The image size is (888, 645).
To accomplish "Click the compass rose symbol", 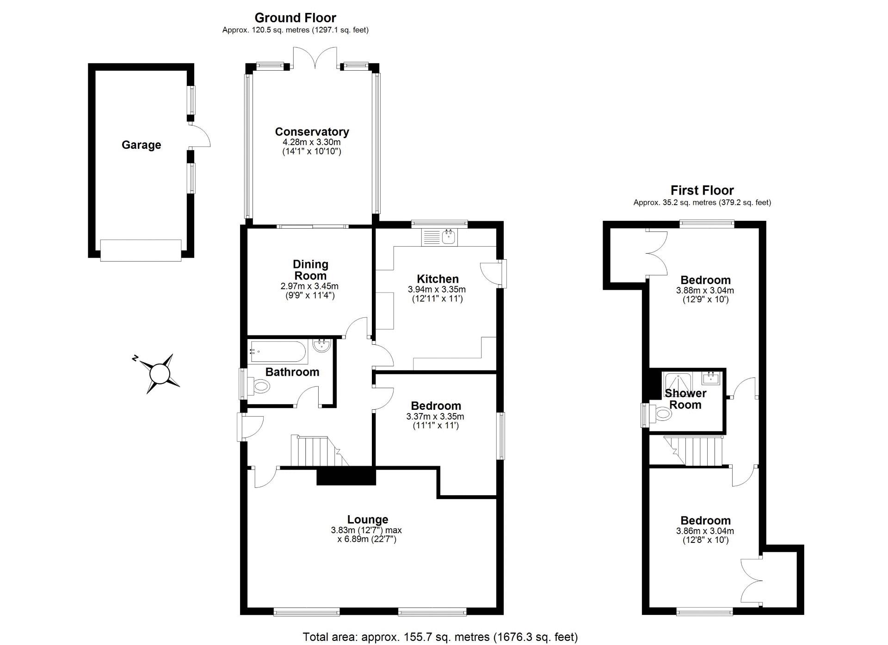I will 160,373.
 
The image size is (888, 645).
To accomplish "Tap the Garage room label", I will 141,145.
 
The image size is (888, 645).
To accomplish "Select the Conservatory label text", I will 312,132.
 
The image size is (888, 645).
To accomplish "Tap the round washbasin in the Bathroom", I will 321,346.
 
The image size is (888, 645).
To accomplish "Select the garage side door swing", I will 200,136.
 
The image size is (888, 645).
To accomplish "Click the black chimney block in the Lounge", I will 345,476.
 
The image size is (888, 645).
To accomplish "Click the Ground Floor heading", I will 295,18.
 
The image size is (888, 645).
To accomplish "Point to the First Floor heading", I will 702,190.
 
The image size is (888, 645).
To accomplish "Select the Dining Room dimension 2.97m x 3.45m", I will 309,286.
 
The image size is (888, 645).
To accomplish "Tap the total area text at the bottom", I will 440,637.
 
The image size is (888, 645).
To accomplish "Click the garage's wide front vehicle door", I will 141,250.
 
